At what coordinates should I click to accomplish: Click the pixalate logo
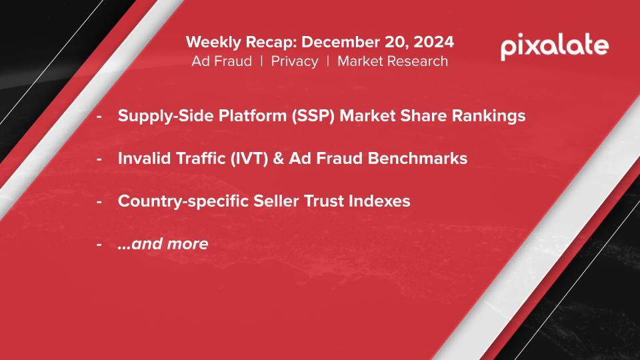click(555, 47)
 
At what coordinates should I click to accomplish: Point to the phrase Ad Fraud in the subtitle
click(221, 61)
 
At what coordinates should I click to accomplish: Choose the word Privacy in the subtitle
click(295, 61)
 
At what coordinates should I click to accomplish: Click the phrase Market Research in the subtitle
click(393, 61)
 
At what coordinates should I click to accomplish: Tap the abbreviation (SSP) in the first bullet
click(313, 116)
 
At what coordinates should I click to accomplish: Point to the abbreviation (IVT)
click(249, 159)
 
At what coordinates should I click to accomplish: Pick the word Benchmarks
click(417, 159)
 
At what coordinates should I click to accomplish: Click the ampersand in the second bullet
click(279, 159)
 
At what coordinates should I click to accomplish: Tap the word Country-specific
click(183, 201)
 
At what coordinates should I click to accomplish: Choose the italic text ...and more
click(163, 244)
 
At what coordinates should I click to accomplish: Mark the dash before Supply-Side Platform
click(99, 117)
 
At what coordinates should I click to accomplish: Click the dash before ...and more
click(99, 245)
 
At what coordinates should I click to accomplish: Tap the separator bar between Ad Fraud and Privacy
click(261, 61)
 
